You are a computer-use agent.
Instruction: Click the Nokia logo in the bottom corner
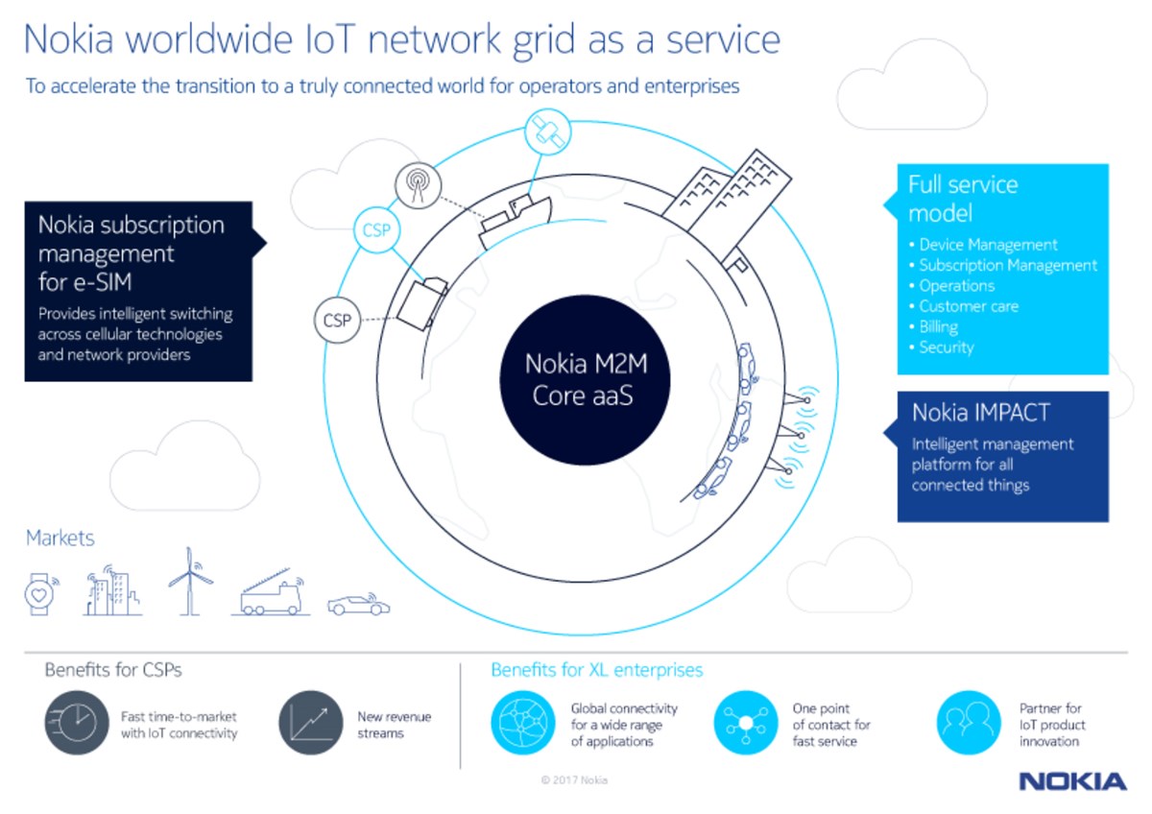1072,781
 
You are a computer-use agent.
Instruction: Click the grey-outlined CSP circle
337,321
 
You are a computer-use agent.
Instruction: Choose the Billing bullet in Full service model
938,326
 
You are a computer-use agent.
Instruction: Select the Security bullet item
946,347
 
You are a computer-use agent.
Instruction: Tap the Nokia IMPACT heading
980,413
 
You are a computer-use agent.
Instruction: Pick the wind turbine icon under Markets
185,582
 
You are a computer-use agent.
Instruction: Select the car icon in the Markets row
358,605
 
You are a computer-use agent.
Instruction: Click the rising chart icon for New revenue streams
311,723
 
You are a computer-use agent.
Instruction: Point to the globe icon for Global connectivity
523,723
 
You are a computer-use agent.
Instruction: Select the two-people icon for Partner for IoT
969,723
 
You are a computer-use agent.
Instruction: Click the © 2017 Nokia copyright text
574,780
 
